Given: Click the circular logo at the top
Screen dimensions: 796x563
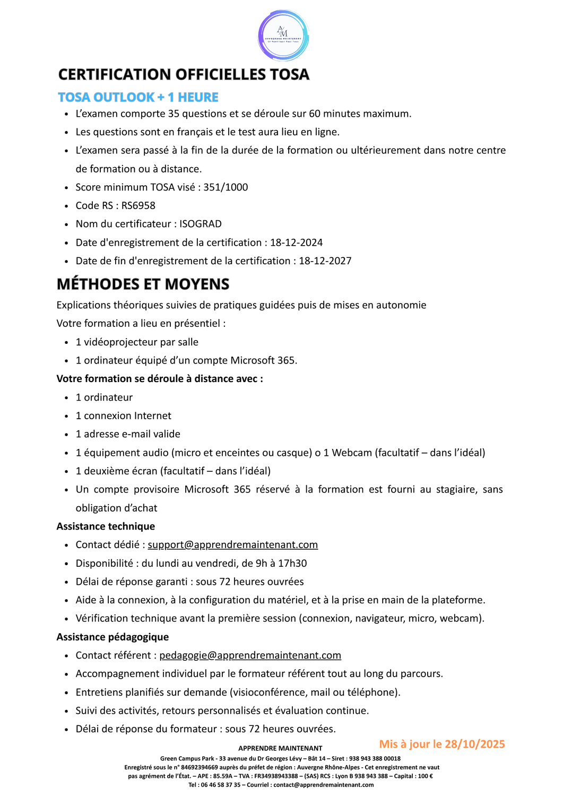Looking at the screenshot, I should (283, 35).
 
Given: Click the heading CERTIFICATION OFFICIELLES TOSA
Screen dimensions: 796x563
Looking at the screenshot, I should (184, 74).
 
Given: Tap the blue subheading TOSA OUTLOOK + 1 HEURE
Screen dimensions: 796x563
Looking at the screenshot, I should (138, 97).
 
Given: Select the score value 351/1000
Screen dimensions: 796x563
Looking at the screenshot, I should (226, 187).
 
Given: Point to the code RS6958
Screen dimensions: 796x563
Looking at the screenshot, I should (138, 206).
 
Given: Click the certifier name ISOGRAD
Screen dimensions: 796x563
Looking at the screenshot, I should (201, 224).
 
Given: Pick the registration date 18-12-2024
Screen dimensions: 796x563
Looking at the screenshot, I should (296, 243).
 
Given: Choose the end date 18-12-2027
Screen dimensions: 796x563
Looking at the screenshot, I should (325, 261).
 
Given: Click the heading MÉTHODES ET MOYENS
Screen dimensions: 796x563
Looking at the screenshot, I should (143, 284).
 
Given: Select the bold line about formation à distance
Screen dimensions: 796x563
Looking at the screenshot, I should (160, 379).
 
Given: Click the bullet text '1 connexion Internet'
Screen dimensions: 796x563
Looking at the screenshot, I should (123, 416).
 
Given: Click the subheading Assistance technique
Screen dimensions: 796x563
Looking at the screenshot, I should (106, 526).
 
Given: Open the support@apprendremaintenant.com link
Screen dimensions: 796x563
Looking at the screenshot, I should (232, 545).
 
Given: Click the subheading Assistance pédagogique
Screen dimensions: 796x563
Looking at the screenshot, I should (112, 637).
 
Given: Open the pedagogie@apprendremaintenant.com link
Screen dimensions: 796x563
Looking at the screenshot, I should (250, 656).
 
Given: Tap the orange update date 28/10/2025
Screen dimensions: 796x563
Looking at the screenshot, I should (474, 744).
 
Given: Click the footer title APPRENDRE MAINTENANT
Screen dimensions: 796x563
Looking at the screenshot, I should (280, 748).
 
